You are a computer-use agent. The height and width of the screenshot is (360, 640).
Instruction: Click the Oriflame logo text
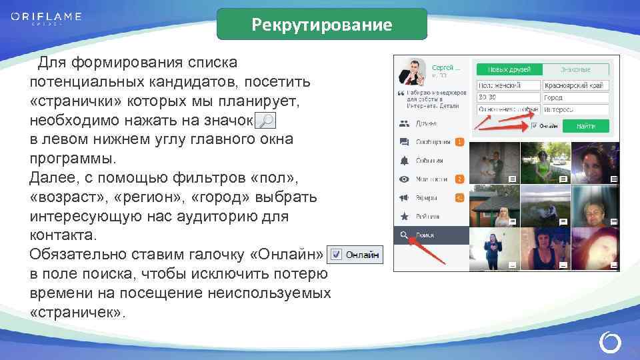tap(46, 17)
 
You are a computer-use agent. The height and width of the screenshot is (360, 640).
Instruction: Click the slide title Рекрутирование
tap(322, 25)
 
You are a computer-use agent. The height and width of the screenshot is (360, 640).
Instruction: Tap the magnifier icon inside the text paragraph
tap(265, 121)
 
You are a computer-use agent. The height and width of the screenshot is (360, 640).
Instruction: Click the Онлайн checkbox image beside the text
tap(356, 254)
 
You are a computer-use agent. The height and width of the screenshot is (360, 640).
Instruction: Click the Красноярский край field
tap(575, 85)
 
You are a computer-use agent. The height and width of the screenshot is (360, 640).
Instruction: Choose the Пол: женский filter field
tap(508, 85)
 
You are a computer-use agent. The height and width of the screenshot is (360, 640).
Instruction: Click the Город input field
tap(575, 97)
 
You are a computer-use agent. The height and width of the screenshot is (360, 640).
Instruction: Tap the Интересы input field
tap(575, 109)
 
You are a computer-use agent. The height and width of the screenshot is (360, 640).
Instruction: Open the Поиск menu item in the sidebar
tap(430, 235)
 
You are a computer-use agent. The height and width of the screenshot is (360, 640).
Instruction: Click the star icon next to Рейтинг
tap(404, 217)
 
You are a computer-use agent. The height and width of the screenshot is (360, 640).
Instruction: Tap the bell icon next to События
tap(404, 161)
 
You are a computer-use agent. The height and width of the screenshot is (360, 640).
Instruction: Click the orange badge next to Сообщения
tap(459, 142)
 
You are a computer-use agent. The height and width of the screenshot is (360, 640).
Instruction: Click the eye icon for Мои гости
tap(404, 179)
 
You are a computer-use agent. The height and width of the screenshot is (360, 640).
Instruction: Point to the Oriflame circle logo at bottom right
tap(610, 343)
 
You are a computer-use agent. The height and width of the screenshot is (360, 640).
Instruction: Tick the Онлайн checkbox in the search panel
tap(533, 125)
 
